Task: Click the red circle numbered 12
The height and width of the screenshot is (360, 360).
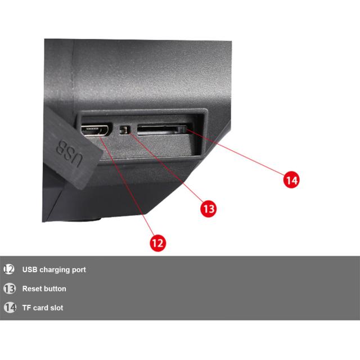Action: [x=157, y=243]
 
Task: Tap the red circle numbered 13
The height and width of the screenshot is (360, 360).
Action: [x=209, y=209]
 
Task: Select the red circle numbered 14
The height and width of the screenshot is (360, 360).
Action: [x=291, y=180]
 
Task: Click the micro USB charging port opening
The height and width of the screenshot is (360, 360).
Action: [x=95, y=130]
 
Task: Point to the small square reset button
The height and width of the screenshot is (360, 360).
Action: [x=124, y=130]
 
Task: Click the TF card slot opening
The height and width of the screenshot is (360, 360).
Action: [x=162, y=130]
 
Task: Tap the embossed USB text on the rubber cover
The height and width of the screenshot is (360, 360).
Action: [x=69, y=153]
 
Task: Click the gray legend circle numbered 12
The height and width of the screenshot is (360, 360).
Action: [x=9, y=269]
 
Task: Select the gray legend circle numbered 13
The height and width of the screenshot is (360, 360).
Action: [x=10, y=289]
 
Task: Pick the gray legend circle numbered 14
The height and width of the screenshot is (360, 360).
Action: [x=10, y=308]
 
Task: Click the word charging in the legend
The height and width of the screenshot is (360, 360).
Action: [x=55, y=270]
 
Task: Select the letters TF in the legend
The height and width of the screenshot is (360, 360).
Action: [x=26, y=308]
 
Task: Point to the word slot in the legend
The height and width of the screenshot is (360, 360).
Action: [x=57, y=308]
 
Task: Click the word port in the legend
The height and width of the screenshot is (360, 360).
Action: [x=79, y=270]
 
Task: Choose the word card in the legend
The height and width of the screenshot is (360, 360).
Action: [x=40, y=308]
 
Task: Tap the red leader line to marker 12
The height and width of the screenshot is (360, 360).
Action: [x=126, y=186]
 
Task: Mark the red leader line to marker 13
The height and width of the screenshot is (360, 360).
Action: [x=166, y=167]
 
